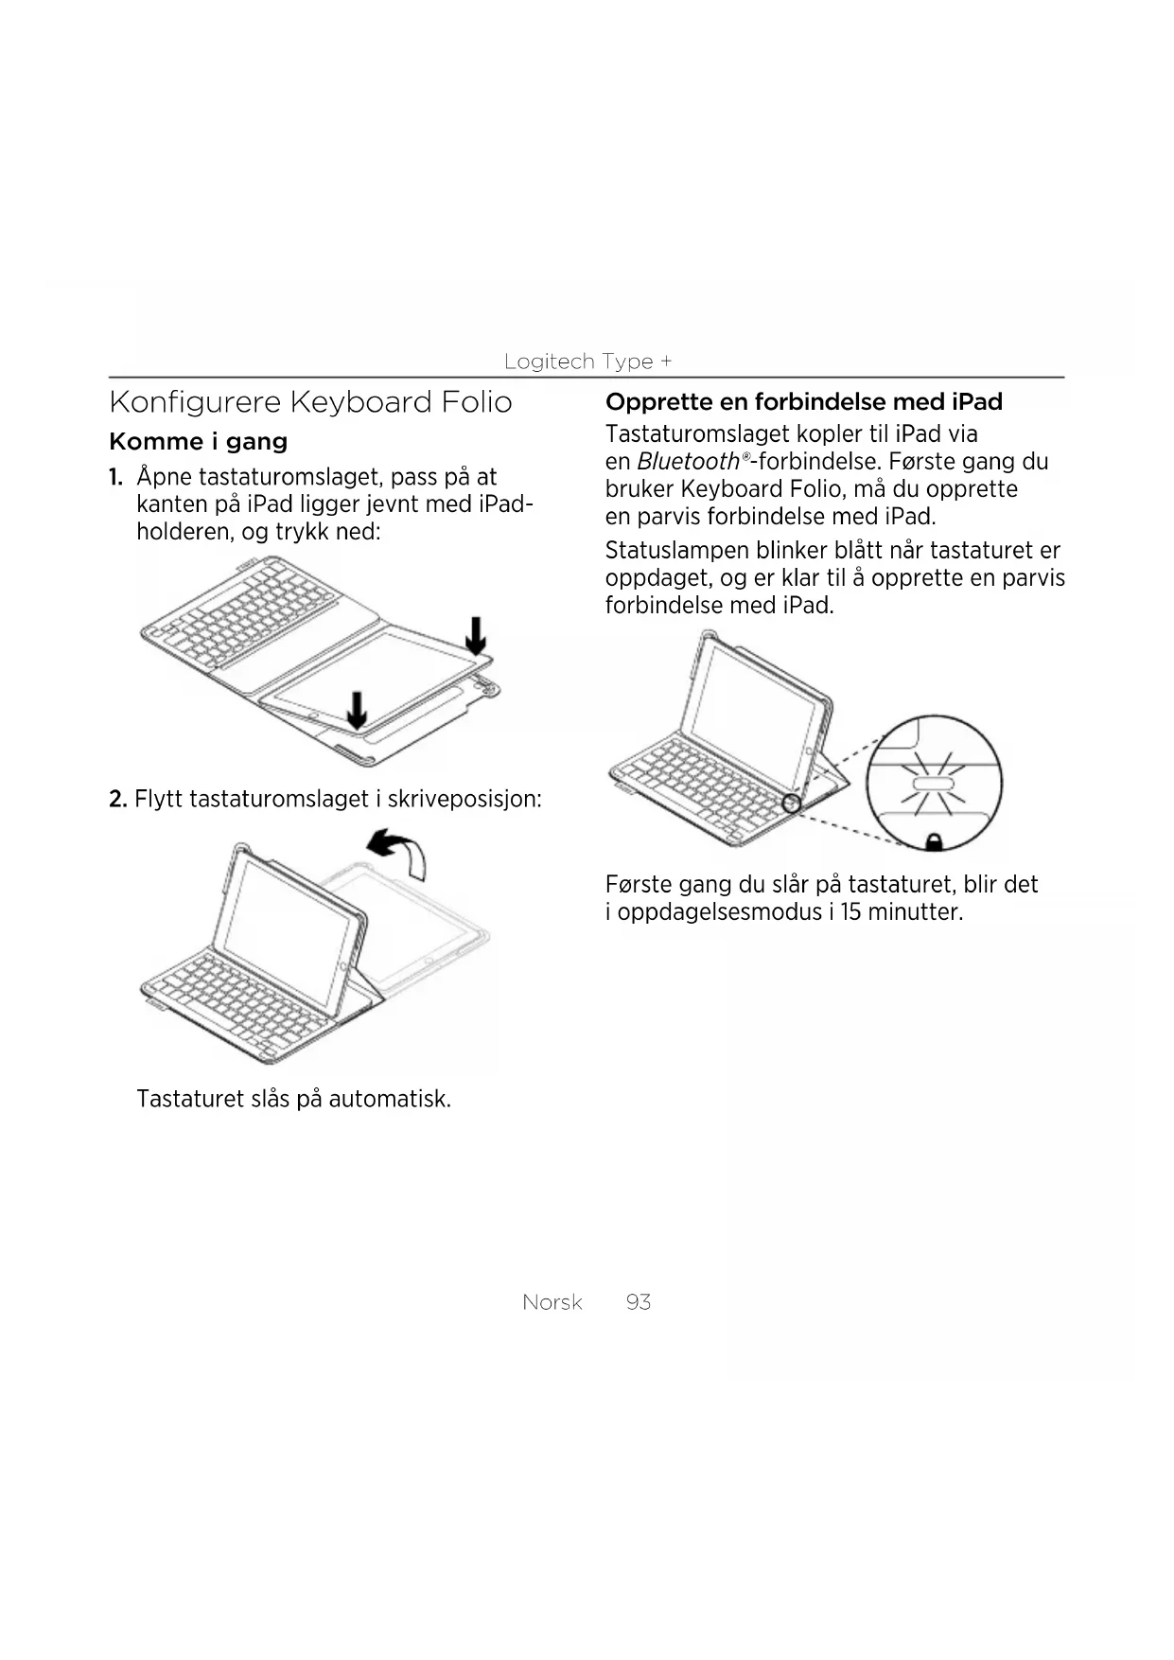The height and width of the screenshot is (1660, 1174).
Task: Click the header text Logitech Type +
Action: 587,362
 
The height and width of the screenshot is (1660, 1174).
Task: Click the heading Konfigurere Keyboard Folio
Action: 310,402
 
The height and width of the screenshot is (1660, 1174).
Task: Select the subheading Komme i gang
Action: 198,442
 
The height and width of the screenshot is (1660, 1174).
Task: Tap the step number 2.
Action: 117,800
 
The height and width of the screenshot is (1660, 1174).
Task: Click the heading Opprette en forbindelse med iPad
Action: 803,402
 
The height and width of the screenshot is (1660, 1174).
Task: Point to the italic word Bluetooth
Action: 688,462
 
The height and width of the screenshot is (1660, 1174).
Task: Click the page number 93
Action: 638,1302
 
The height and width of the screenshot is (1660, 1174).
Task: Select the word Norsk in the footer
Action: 552,1302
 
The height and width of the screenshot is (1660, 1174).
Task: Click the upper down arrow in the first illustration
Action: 476,635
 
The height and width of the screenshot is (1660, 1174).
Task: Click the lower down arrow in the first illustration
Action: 357,710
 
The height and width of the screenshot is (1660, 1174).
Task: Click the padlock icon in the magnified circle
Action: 933,840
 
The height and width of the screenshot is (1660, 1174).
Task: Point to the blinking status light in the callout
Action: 933,785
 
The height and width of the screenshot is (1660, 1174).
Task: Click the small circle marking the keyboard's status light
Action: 792,804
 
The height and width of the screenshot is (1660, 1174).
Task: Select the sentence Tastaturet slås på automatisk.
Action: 293,1099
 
